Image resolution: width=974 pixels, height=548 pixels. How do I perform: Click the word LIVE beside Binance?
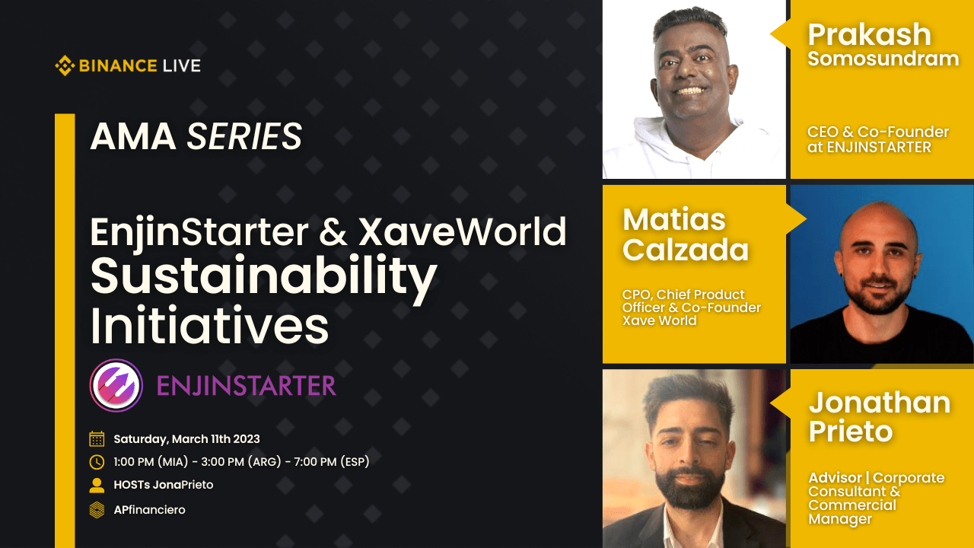tap(180, 66)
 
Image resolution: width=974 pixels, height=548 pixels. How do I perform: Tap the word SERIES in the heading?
tap(244, 138)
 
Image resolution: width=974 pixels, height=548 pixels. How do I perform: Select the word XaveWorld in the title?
tap(462, 232)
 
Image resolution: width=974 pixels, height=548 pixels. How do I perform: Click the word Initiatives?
tap(209, 326)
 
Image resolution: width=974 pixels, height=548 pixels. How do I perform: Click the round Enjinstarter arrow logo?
tap(116, 386)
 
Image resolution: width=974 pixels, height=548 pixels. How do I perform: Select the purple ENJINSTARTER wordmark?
tap(246, 386)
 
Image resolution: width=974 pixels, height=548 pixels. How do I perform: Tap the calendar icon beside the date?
tap(97, 439)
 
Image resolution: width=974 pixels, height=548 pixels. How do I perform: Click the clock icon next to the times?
tap(97, 462)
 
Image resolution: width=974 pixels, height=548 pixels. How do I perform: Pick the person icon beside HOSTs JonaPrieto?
tap(97, 485)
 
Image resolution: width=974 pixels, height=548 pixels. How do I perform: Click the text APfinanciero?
tap(149, 509)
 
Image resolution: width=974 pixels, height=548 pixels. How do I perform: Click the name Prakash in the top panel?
tap(869, 35)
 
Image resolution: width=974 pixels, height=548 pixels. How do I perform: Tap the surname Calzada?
tap(686, 250)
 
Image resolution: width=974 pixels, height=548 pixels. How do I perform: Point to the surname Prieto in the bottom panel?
tap(850, 432)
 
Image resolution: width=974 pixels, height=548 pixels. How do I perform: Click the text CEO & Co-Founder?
tap(877, 132)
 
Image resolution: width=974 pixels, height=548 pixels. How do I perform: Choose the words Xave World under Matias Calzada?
tap(659, 320)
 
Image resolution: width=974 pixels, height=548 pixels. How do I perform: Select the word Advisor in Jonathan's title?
tap(836, 478)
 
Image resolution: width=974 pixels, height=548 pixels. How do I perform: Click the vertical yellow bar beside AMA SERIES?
tap(65, 327)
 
